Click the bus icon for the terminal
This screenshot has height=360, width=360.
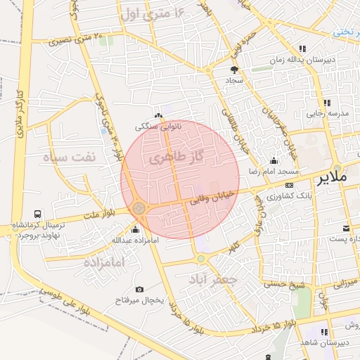[x=37, y=214]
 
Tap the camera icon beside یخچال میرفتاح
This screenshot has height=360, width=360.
[x=139, y=290]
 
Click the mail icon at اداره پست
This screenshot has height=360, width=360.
[x=346, y=228]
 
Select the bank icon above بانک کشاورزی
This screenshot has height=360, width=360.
[x=290, y=185]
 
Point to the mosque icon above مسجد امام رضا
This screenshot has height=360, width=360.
[x=274, y=160]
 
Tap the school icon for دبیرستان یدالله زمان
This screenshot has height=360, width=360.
[x=302, y=49]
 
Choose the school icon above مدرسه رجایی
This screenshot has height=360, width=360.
[x=327, y=103]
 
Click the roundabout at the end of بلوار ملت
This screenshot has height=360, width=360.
[x=139, y=208]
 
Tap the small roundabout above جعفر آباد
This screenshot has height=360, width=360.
[x=201, y=259]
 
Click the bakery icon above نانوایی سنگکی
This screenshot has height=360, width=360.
[x=159, y=116]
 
